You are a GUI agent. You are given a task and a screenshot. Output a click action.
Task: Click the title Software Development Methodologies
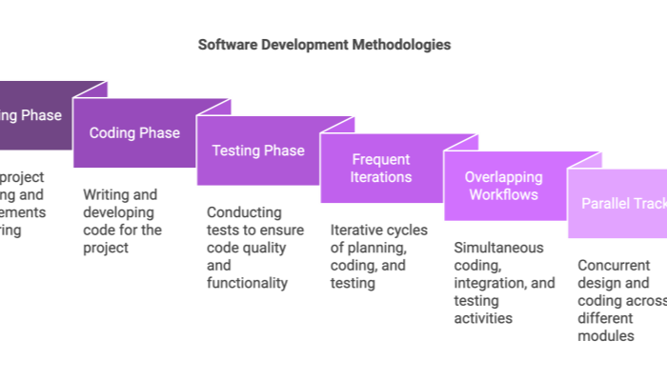pos(325,45)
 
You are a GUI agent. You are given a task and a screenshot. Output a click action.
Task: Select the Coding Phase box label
pos(134,133)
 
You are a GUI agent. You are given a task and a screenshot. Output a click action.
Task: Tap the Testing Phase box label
pos(258,150)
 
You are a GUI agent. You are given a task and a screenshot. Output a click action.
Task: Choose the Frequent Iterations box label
pos(381,169)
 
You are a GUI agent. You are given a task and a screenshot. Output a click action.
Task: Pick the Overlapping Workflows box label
pos(503,186)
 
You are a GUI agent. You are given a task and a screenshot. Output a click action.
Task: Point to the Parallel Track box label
pos(621,204)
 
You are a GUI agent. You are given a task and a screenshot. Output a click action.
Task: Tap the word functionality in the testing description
pos(247,283)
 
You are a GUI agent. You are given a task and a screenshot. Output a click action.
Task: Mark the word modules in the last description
pos(606,336)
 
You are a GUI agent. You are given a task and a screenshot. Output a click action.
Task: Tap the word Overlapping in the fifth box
pos(503,177)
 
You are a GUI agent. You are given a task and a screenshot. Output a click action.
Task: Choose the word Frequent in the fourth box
pos(381,160)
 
